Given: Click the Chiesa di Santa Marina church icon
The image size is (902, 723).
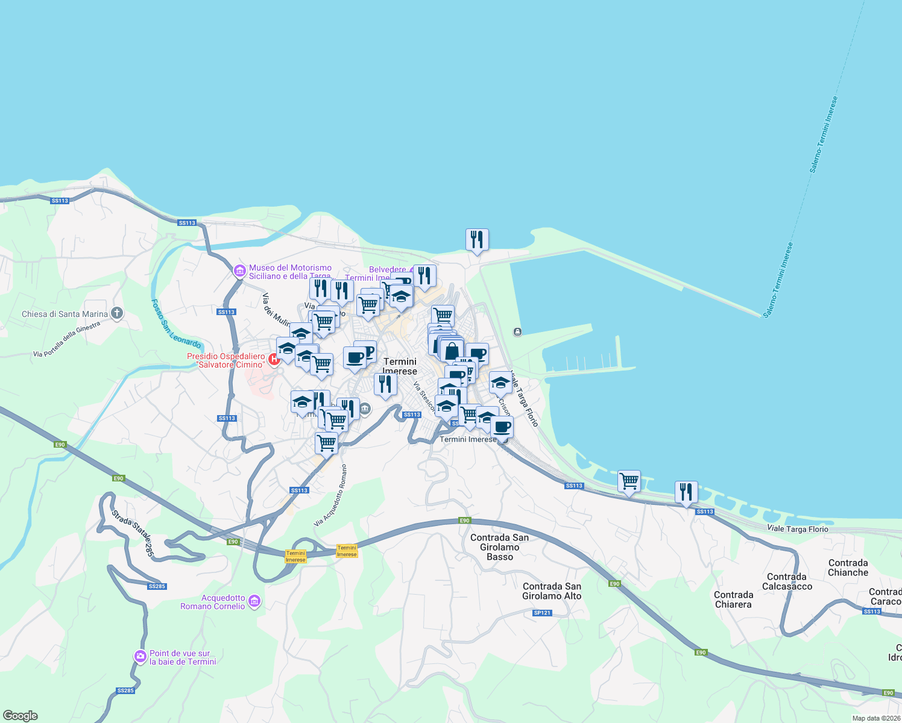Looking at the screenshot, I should pos(117,313).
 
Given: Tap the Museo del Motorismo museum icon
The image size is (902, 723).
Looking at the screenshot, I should pos(240,271).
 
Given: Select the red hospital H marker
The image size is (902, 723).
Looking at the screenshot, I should pos(274,360).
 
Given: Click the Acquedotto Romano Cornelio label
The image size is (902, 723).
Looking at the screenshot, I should pos(213,602).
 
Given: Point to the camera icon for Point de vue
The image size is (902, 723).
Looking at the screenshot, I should pos(140,656).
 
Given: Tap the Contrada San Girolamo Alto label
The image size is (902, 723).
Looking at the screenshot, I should pos(552,591).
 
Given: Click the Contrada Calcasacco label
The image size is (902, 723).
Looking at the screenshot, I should pos(787,581).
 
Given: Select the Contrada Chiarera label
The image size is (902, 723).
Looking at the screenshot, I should pos(733,599).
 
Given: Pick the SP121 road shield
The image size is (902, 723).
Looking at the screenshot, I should pos(542,613).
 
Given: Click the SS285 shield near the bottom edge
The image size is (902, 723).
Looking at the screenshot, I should pos(125,690).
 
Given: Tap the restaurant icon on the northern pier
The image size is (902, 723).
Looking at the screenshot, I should pos(477,240).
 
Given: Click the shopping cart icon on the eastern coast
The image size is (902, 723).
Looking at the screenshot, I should pos(629,481).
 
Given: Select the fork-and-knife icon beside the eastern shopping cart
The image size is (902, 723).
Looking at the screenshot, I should pos(686,492).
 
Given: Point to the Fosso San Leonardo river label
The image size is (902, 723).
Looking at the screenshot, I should pos(175,324).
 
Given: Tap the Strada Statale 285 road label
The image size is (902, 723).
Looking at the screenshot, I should pos(133,534).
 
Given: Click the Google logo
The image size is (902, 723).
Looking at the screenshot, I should pos(20,716).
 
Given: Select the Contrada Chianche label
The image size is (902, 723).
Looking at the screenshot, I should pos(848,568).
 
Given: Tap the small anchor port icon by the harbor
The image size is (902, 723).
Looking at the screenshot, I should pos(517,332).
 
